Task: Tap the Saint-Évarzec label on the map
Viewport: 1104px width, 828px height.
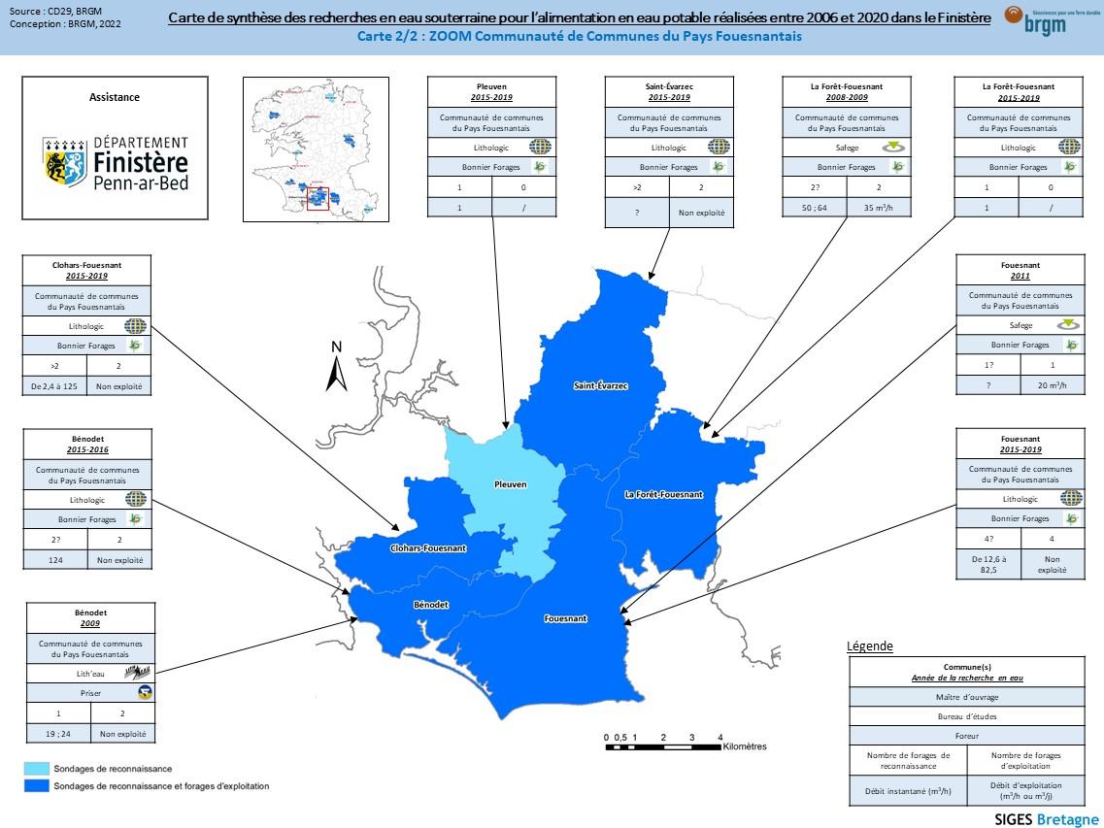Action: [601, 386]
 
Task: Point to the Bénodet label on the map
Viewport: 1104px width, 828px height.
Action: [431, 605]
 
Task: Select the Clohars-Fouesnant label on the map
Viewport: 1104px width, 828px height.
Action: [430, 548]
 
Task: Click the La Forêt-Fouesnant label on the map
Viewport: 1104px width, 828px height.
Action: [663, 495]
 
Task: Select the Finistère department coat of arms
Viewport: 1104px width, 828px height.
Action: [65, 161]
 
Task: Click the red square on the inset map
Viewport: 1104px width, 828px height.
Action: [318, 198]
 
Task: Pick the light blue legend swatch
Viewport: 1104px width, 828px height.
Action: [36, 768]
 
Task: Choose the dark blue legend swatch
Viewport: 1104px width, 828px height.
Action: [36, 785]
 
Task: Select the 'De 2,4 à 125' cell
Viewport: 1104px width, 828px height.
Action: [55, 385]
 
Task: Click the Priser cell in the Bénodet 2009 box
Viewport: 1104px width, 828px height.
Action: [90, 693]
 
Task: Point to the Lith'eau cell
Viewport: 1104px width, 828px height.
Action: [90, 673]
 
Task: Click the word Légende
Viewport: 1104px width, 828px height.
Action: [869, 646]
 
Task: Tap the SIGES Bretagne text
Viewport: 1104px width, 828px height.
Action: [1047, 818]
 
